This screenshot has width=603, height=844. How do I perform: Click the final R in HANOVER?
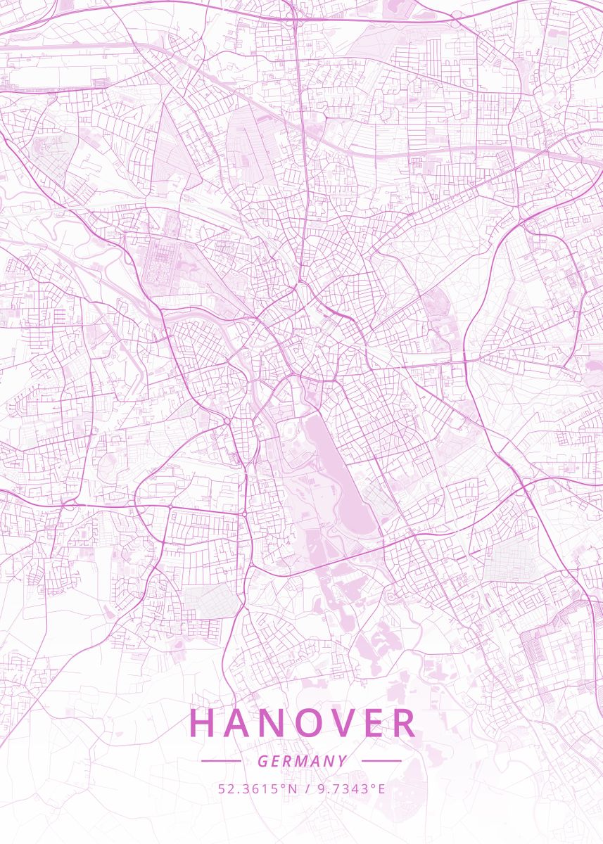405,723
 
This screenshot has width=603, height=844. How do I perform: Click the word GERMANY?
302,761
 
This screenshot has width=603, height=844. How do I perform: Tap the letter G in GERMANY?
262,761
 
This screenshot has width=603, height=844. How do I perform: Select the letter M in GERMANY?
303,761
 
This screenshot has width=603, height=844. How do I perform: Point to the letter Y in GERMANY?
343,761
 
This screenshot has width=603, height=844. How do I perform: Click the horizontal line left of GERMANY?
221,761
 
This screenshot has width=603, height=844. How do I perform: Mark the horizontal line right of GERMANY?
381,761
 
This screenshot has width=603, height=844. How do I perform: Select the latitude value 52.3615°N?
258,789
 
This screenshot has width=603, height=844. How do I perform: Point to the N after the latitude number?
294,789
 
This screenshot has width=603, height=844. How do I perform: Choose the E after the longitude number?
381,789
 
